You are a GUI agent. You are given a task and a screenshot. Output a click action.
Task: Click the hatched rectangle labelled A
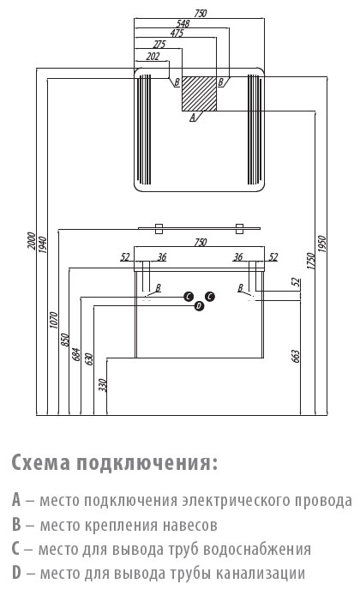pyautogui.click(x=200, y=93)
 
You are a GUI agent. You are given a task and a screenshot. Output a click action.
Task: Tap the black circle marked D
pyautogui.click(x=199, y=306)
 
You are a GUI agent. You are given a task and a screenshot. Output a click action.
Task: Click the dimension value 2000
pyautogui.click(x=32, y=241)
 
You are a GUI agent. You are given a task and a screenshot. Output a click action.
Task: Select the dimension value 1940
pyautogui.click(x=43, y=244)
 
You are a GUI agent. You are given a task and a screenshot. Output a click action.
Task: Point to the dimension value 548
pyautogui.click(x=183, y=23)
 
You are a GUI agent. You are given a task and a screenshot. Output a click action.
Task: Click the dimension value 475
pyautogui.click(x=177, y=33)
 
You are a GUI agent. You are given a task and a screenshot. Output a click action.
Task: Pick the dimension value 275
pyautogui.click(x=159, y=45)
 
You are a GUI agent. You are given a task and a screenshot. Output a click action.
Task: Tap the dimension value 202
pyautogui.click(x=153, y=57)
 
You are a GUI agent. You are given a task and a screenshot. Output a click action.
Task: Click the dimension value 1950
pyautogui.click(x=322, y=244)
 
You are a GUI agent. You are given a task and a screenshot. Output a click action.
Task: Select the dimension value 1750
pyautogui.click(x=310, y=261)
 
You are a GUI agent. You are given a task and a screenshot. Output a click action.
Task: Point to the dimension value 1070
pyautogui.click(x=54, y=320)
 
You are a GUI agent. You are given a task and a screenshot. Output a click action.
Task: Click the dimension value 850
pyautogui.click(x=64, y=340)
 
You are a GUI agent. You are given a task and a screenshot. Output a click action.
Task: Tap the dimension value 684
pyautogui.click(x=76, y=354)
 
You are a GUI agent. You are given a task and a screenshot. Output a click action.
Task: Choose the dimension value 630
pyautogui.click(x=89, y=359)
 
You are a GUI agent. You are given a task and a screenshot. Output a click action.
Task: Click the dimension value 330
pyautogui.click(x=103, y=385)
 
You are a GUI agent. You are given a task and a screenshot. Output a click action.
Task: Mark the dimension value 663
pyautogui.click(x=296, y=356)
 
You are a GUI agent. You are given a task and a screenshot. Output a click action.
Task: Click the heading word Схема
pyautogui.click(x=40, y=462)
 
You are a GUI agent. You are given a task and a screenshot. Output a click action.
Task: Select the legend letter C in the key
pyautogui.click(x=15, y=549)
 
